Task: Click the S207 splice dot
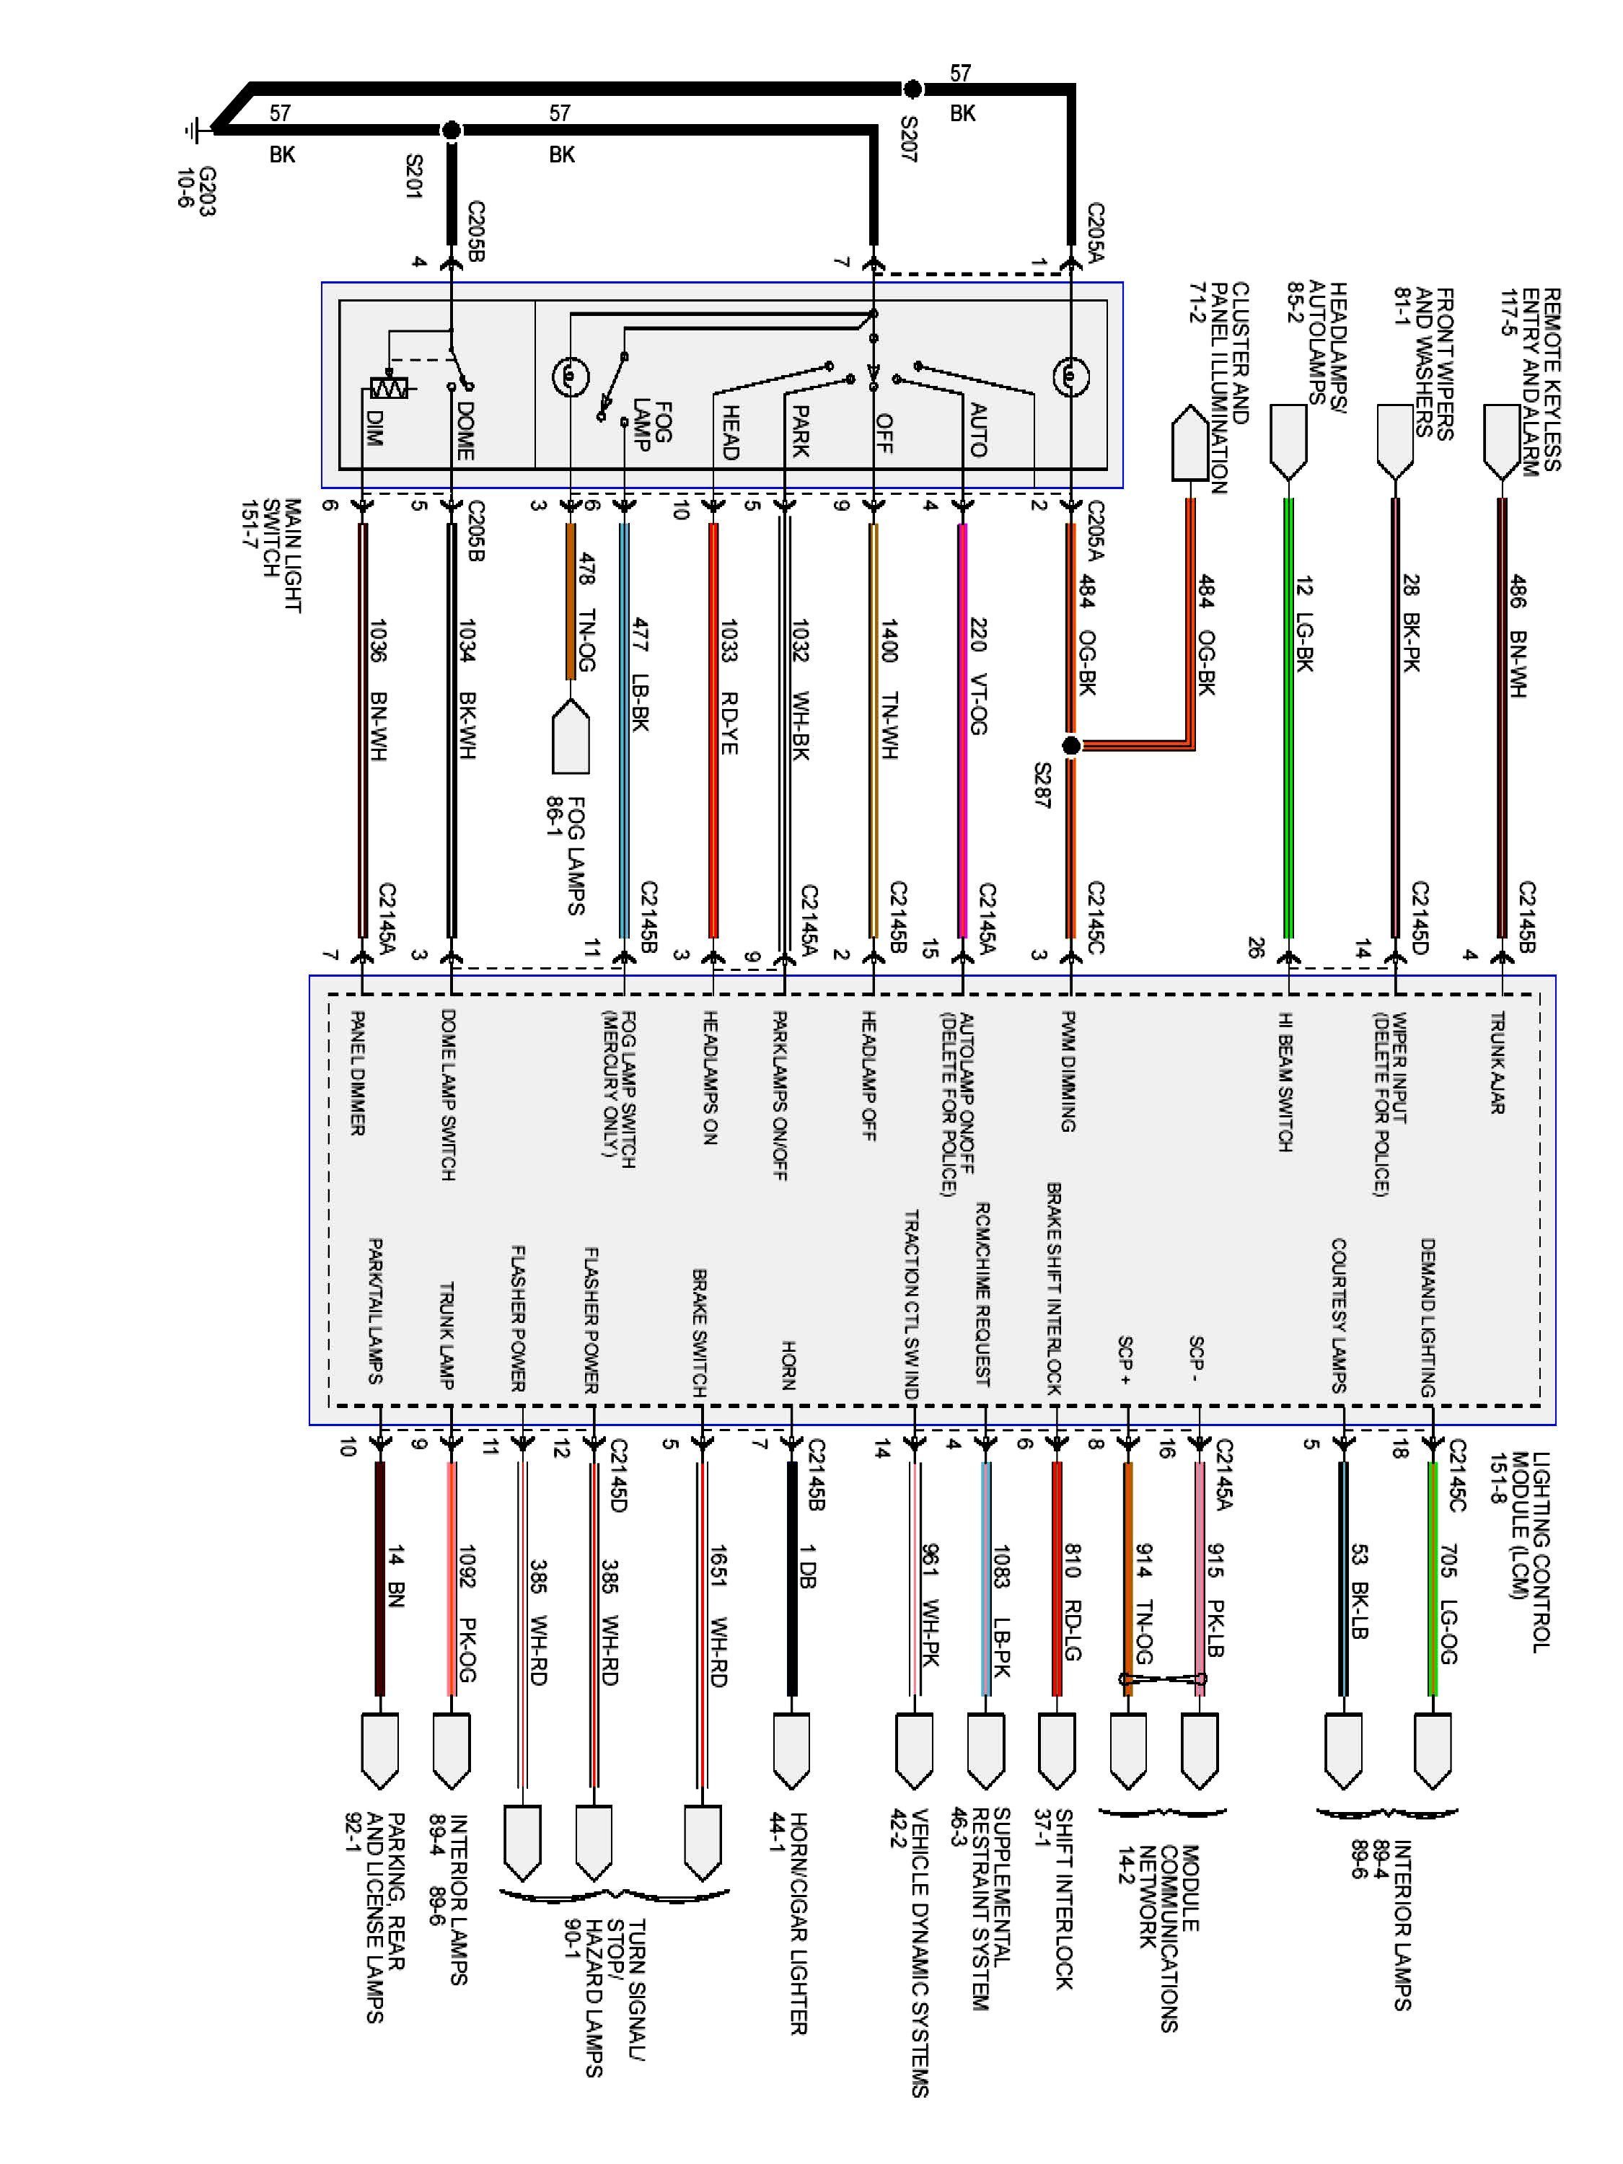click(x=912, y=89)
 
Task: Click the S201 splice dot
click(x=451, y=130)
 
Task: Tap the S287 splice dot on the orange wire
click(x=1071, y=745)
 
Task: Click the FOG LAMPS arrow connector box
click(x=571, y=736)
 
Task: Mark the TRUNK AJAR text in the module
click(x=1497, y=1062)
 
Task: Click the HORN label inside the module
click(x=788, y=1365)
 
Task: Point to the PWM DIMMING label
click(x=1068, y=1071)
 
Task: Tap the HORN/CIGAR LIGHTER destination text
click(x=788, y=1922)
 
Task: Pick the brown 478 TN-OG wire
click(x=571, y=602)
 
